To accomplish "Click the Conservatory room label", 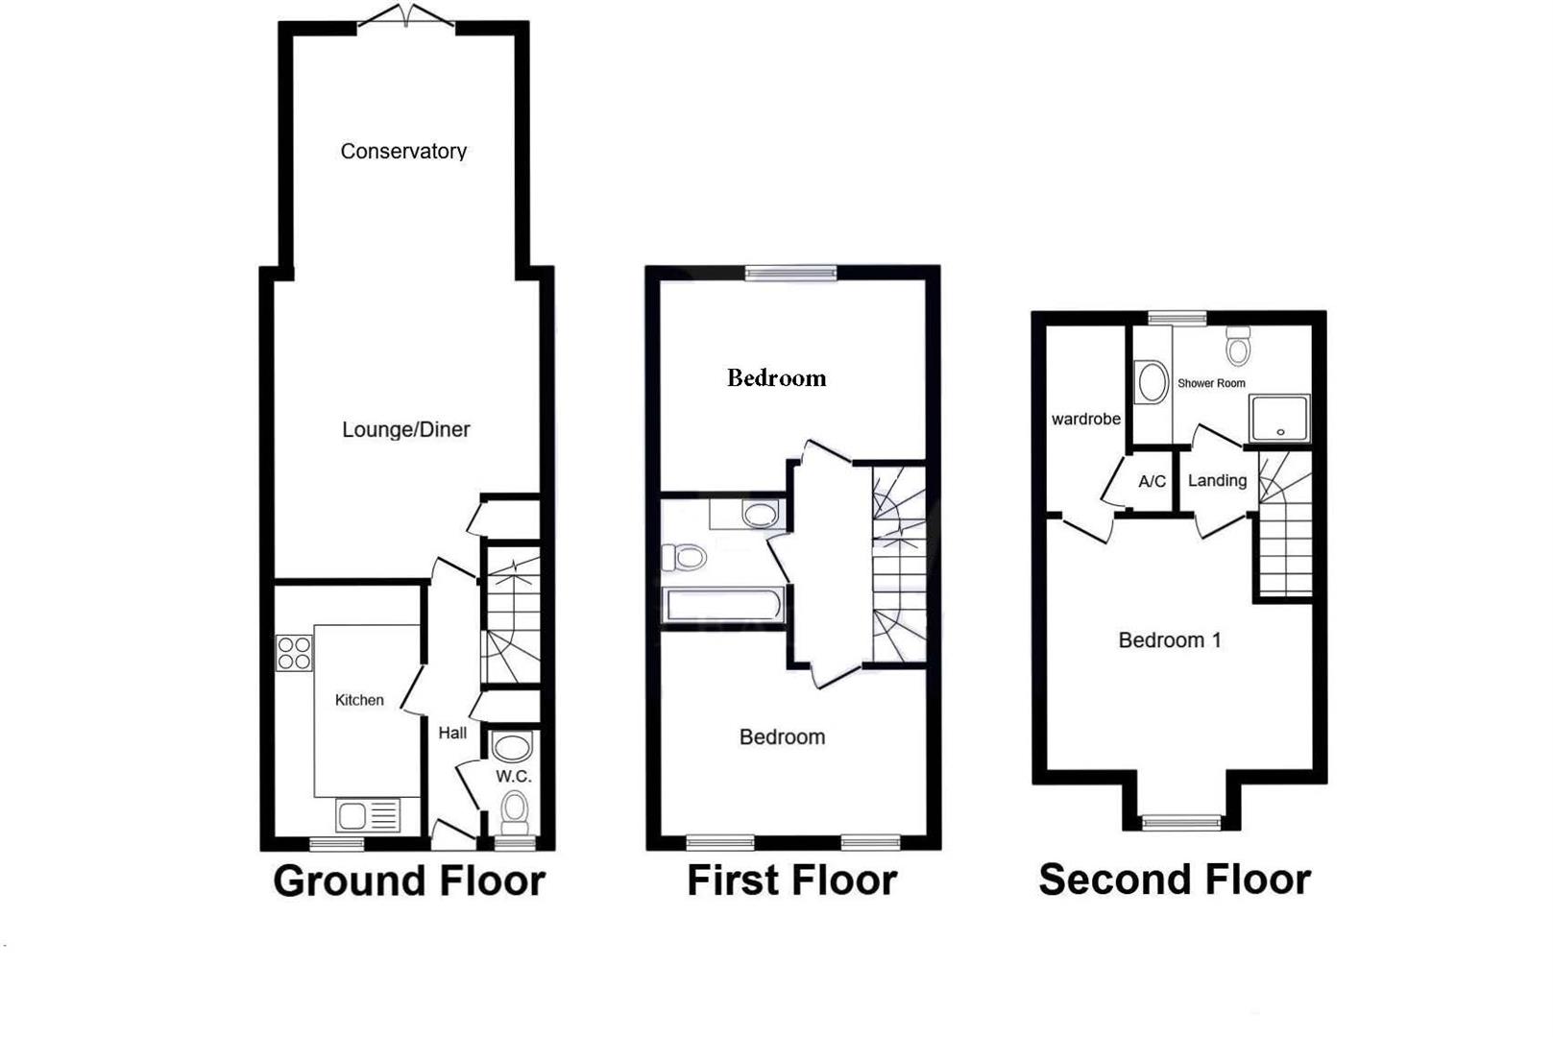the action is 403,152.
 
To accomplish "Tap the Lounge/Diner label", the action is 406,430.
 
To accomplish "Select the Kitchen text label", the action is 359,700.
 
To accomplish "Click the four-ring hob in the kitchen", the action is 294,653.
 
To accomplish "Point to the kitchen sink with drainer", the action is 368,816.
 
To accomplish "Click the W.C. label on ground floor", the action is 513,776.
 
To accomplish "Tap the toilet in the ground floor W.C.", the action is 515,810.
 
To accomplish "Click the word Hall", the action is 452,733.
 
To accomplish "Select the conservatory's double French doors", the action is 405,16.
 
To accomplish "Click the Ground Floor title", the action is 409,880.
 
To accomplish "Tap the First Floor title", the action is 791,880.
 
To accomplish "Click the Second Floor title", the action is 1175,880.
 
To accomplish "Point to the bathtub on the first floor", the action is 724,605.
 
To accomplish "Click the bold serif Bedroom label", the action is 776,378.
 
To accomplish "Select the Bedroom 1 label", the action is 1170,640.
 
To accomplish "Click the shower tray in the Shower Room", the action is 1279,419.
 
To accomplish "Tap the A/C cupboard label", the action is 1152,481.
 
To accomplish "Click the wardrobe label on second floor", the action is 1085,419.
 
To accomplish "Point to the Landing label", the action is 1217,480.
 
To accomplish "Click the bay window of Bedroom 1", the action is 1181,822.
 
